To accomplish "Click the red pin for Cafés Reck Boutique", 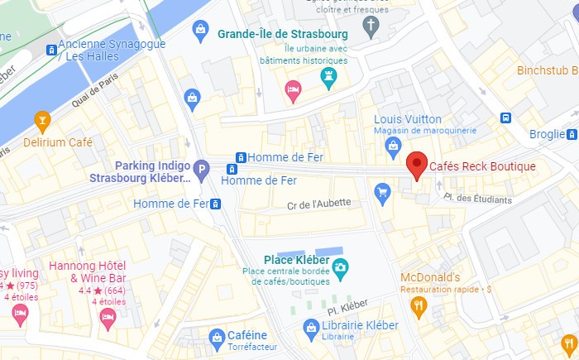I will (418, 164).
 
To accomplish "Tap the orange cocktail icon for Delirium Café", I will (41, 122).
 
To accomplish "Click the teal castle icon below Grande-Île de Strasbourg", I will (329, 79).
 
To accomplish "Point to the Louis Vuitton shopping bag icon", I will (394, 146).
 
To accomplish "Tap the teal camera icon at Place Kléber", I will (340, 267).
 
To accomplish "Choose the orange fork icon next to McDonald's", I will (419, 307).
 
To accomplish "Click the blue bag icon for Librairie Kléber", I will (311, 330).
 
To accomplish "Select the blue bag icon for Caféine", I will (217, 336).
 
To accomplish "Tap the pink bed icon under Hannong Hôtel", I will (106, 319).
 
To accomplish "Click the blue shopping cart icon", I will (382, 194).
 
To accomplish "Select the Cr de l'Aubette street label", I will (319, 204).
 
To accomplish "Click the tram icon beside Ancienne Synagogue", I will (52, 50).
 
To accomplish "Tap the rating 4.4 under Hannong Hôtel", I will (84, 290).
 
